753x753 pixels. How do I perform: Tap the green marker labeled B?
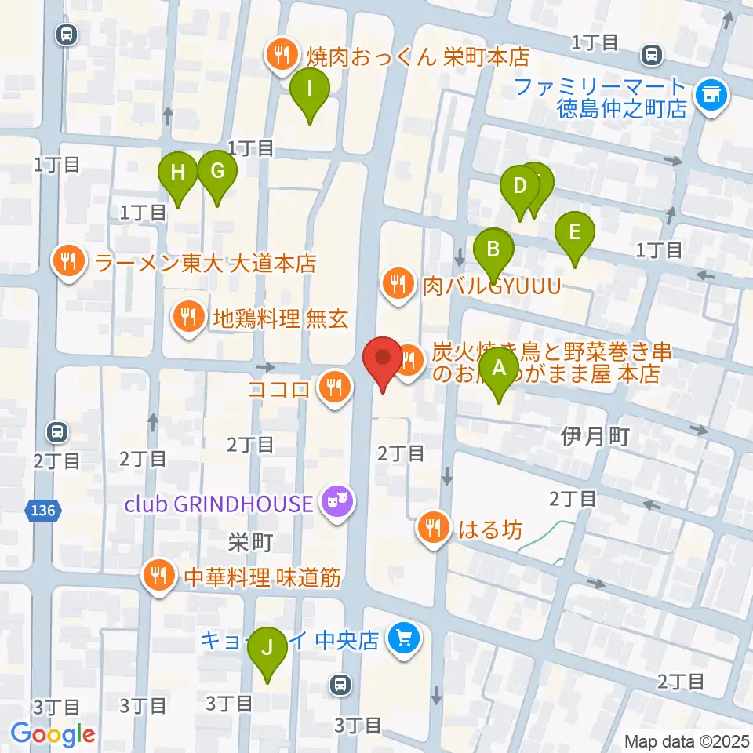coord(493,249)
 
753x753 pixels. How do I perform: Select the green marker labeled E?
coord(574,233)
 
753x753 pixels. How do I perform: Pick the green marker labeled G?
coord(217,171)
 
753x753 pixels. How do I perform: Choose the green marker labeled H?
coord(179,172)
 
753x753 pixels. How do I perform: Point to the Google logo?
coord(53,734)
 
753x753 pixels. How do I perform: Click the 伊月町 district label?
coord(595,436)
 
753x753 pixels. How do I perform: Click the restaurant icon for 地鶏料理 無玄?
coord(188,318)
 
